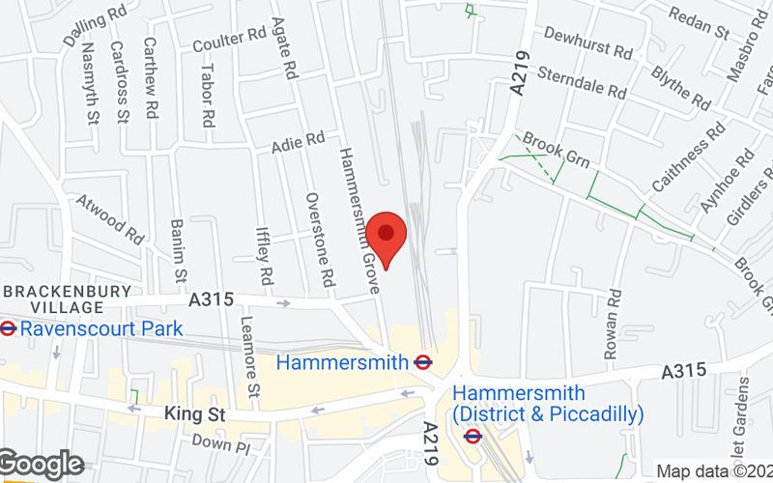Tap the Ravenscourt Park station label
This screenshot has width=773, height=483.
[101, 328]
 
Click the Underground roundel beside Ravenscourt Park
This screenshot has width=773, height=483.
[8, 328]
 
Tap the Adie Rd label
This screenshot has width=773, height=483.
[298, 143]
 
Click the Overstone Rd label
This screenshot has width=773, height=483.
[320, 238]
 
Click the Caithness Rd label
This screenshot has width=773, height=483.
[688, 158]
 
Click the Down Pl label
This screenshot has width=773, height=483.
[220, 443]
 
